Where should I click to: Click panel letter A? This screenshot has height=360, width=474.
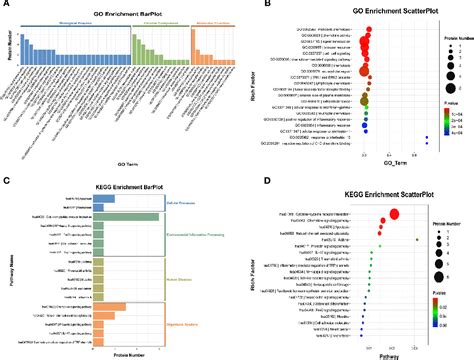(x=6, y=5)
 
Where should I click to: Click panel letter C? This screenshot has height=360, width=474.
(x=6, y=182)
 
